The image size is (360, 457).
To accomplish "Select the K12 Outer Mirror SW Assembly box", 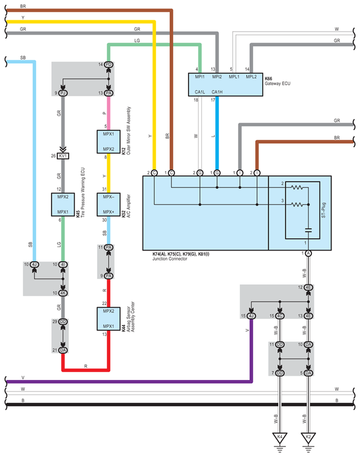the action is point(108,142).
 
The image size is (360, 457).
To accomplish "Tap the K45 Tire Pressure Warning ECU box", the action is point(63,204).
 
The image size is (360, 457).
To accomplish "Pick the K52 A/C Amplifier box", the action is point(108,204).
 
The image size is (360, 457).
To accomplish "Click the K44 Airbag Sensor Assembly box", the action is point(108,318).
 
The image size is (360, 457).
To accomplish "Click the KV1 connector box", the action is point(63,156).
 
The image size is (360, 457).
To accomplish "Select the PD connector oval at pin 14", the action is point(108,64).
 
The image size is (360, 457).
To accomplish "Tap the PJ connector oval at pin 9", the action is point(63,93).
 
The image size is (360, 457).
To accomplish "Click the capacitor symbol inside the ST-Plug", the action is point(308,230).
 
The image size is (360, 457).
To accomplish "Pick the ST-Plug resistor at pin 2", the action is point(297,187).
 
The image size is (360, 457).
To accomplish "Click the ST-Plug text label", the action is point(323,210).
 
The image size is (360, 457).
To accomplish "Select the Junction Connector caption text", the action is point(170,259).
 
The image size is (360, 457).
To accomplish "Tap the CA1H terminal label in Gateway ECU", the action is point(217,92).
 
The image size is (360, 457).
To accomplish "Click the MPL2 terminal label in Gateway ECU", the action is point(251,77).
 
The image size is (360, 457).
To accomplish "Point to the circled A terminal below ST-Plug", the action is point(308,253).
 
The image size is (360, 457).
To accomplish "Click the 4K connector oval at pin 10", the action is point(63,293).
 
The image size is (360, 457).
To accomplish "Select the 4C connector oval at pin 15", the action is point(279,316).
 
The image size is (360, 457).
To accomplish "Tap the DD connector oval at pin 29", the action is point(63,321).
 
